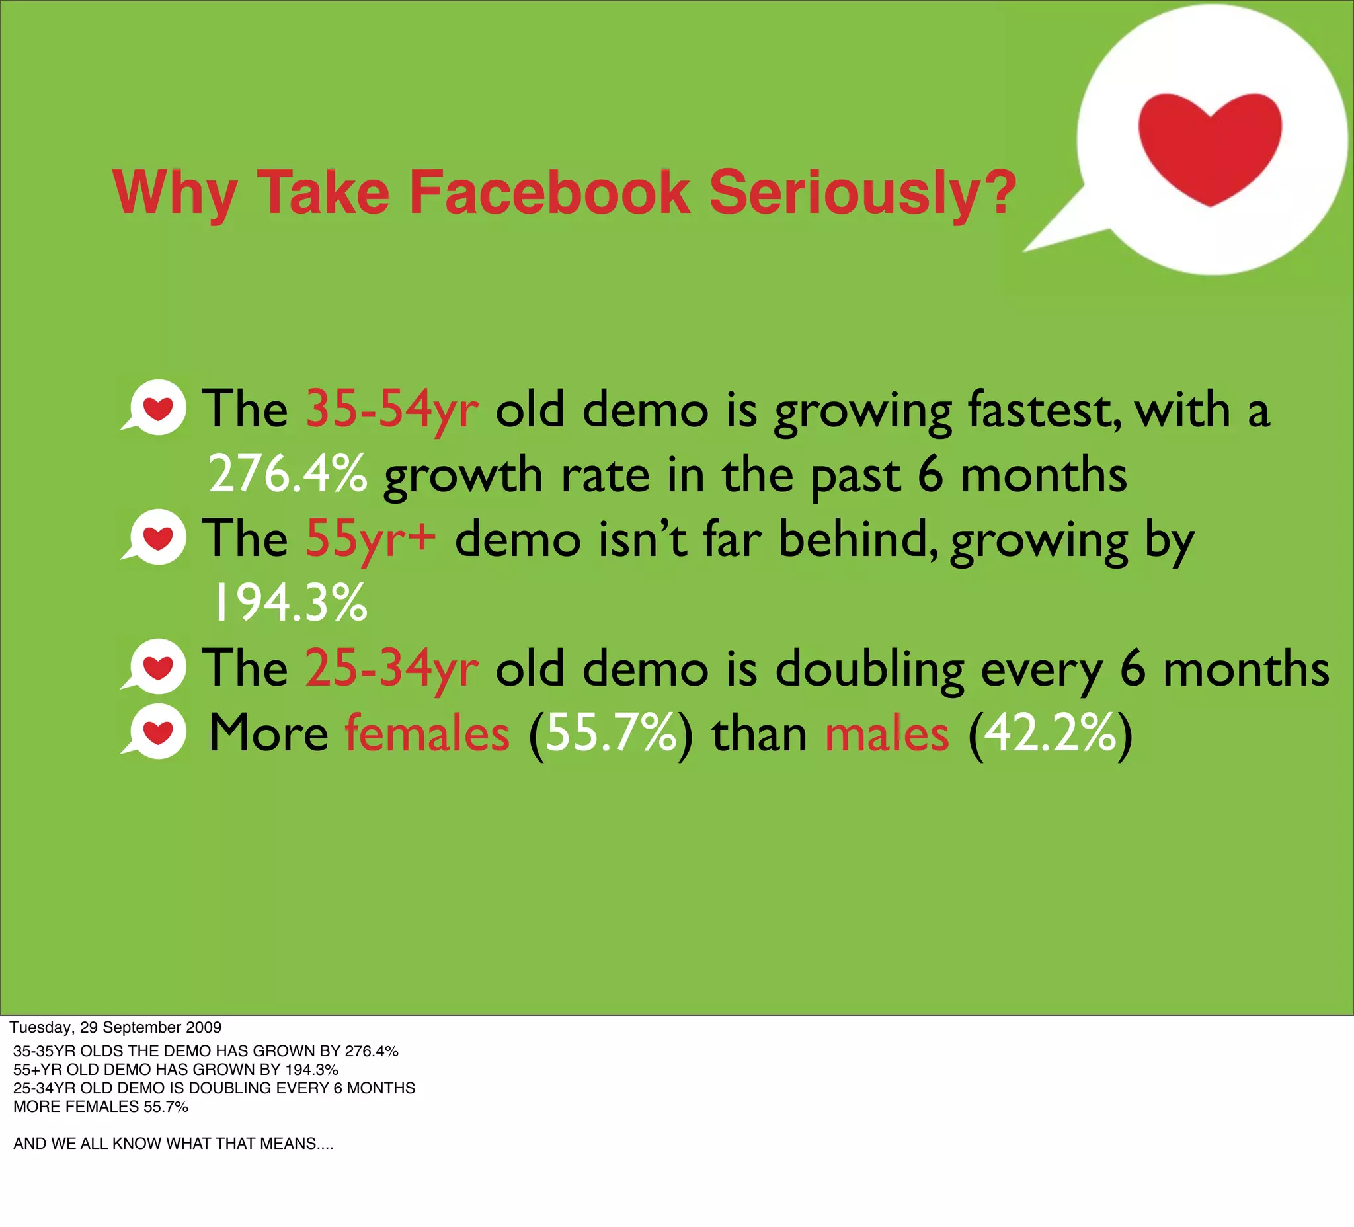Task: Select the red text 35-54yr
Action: (392, 409)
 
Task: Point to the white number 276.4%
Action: (288, 474)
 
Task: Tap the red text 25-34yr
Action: (392, 668)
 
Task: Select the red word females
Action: (427, 732)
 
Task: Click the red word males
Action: (887, 732)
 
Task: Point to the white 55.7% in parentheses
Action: (610, 733)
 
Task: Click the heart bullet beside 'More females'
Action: (157, 732)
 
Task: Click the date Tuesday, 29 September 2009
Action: (116, 1027)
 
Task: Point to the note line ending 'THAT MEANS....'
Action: (173, 1143)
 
